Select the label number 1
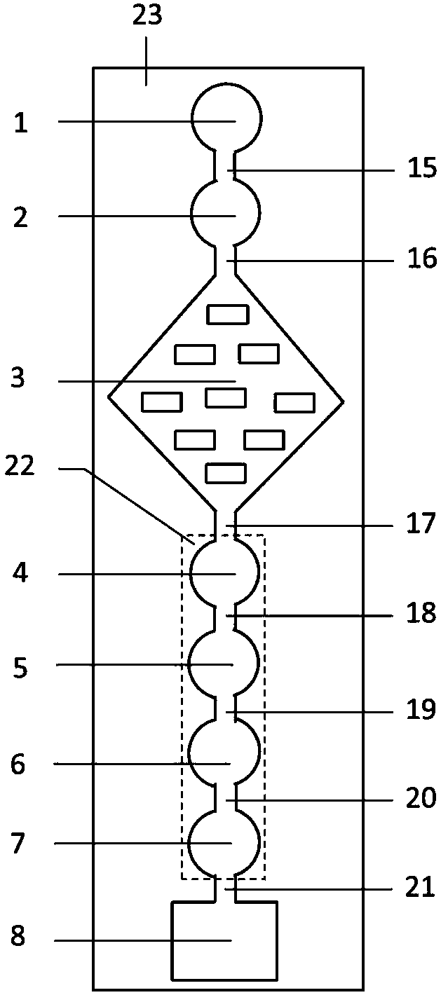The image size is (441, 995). [21, 123]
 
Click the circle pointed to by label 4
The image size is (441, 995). [225, 571]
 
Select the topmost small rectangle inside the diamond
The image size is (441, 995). [227, 315]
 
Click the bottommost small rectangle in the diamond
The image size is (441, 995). [225, 473]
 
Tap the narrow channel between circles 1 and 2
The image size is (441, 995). [225, 165]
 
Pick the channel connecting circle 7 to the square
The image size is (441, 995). [225, 889]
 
